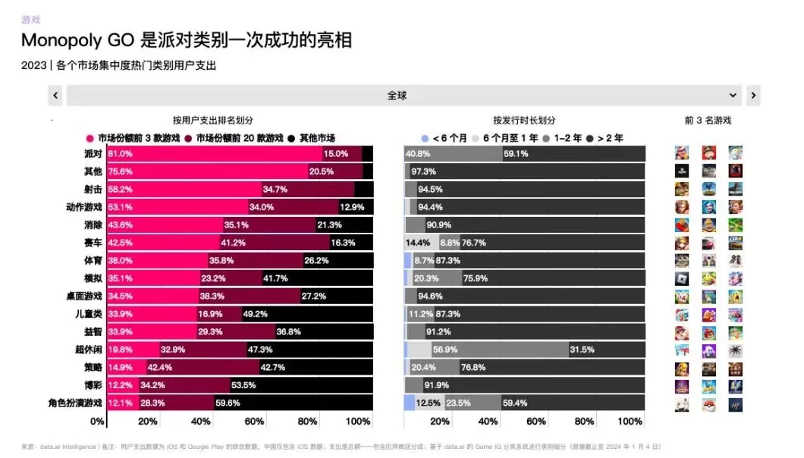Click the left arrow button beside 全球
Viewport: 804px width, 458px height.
(55, 96)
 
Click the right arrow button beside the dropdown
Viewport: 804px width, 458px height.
(752, 96)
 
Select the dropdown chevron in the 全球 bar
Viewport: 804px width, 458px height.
(733, 96)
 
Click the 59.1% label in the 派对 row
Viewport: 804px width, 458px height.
(516, 154)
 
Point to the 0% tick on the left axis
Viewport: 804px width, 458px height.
(97, 421)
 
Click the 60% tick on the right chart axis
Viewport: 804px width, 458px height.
(535, 421)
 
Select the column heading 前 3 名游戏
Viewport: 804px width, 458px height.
(708, 120)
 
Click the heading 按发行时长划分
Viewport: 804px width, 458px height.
(524, 120)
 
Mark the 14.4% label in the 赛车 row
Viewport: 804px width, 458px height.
(418, 243)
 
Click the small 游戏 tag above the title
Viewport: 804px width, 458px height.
(31, 20)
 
